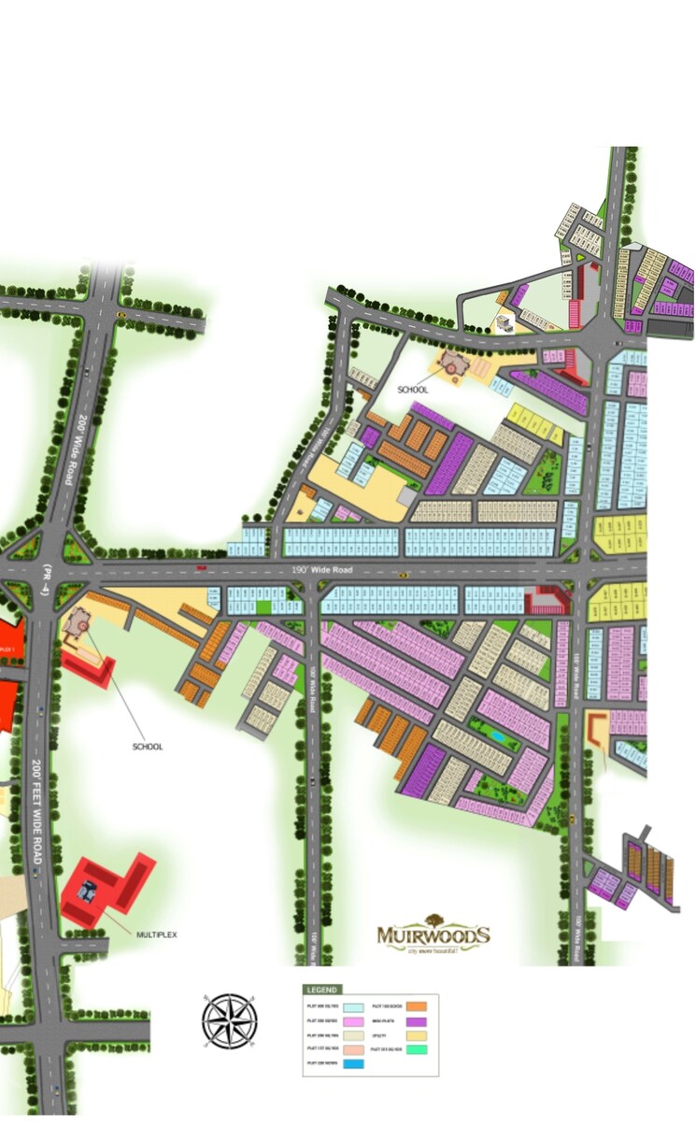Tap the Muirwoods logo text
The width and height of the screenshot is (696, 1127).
pos(433,934)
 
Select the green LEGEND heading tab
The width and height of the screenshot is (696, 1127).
pos(322,989)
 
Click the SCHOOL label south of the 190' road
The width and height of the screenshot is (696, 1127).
pos(147,747)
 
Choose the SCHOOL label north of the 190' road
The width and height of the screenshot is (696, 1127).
pos(413,390)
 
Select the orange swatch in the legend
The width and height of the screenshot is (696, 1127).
pos(417,1006)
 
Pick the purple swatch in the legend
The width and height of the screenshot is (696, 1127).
pos(417,1024)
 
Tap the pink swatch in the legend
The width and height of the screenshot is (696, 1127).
pos(353,1024)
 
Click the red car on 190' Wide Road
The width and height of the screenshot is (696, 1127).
pos(201,568)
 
